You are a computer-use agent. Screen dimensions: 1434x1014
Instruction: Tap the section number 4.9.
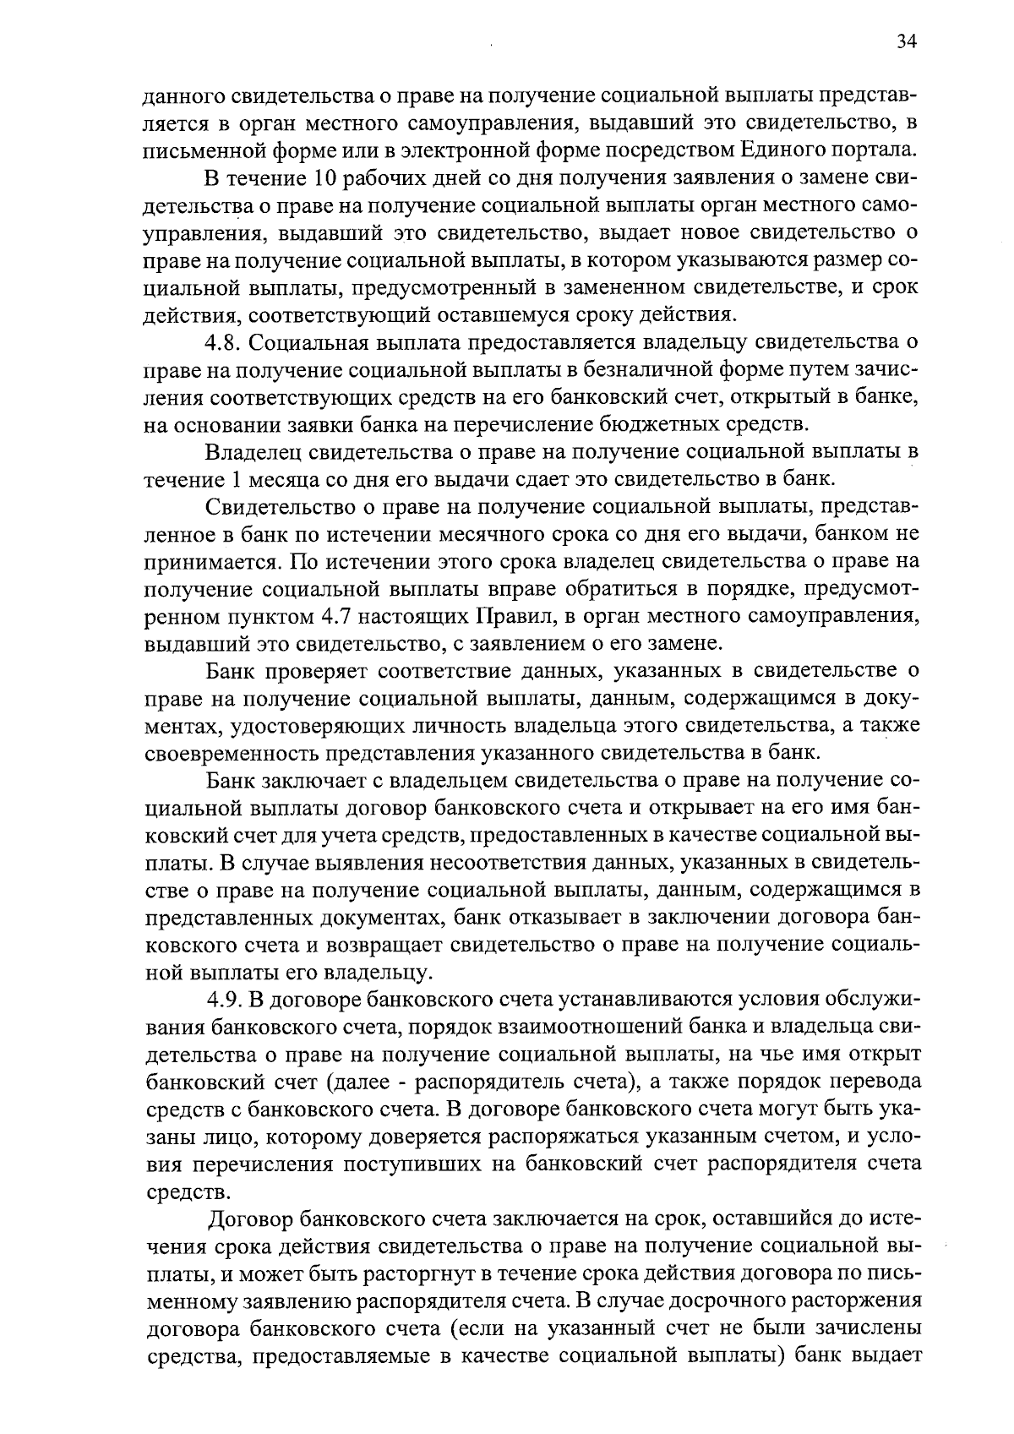[226, 1000]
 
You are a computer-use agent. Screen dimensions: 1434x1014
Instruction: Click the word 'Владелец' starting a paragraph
[253, 451]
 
